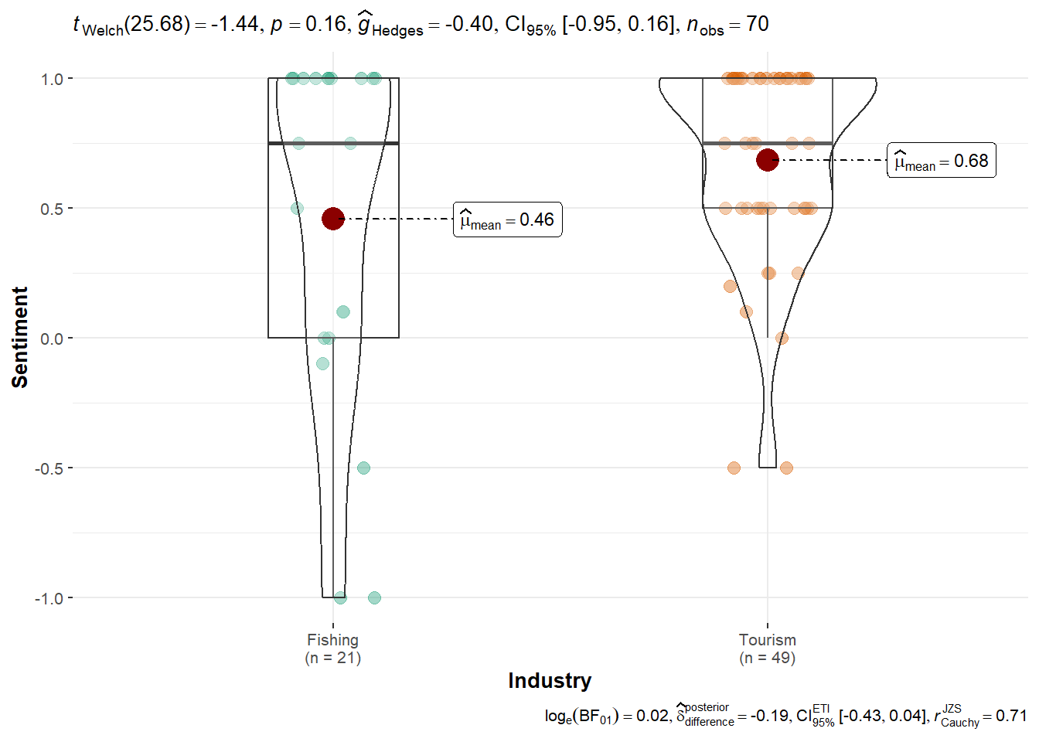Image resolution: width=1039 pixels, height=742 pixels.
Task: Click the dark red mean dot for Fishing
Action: [332, 219]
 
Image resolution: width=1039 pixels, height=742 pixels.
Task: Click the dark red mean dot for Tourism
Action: [767, 160]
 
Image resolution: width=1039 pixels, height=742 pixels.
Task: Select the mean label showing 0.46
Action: [507, 220]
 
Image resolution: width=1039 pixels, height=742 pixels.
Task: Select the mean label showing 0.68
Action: [941, 161]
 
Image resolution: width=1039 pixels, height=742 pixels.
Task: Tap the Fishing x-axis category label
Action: [332, 640]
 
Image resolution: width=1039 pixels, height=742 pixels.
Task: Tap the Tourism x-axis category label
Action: [767, 640]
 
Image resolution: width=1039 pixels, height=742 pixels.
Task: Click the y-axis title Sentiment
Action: [20, 337]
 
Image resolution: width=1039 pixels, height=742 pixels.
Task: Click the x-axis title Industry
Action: [550, 681]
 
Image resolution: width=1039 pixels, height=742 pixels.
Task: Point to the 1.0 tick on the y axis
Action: [53, 79]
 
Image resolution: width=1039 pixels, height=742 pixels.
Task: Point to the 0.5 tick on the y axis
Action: [53, 209]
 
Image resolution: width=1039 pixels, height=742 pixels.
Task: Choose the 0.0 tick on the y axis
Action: [53, 339]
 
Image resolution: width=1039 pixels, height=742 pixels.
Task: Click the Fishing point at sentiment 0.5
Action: [297, 208]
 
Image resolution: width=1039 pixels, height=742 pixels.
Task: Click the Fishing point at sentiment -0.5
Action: [363, 468]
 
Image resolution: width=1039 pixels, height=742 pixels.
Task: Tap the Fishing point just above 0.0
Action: [343, 311]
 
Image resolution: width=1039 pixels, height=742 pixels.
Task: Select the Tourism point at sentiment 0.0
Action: [782, 338]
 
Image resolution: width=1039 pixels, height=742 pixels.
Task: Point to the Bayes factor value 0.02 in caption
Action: [652, 716]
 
